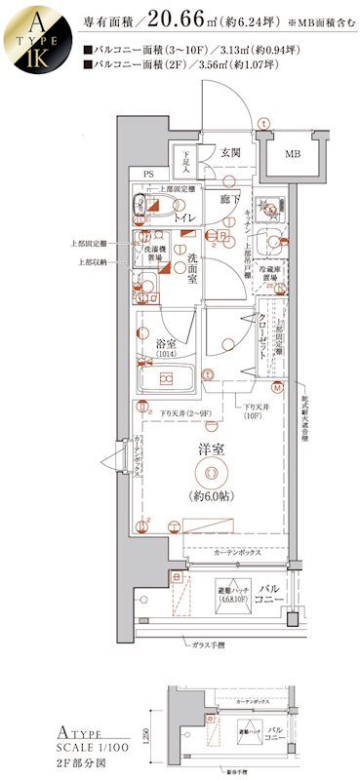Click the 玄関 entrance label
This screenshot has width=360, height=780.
tap(230, 153)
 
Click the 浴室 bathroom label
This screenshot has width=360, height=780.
tap(165, 344)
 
